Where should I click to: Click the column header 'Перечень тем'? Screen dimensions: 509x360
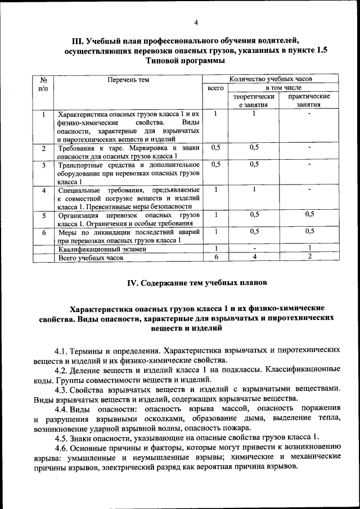pos(128,80)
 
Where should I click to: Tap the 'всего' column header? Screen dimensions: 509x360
pos(216,88)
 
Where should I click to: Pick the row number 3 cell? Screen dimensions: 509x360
pos(44,165)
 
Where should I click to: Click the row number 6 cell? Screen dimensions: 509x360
pos(44,232)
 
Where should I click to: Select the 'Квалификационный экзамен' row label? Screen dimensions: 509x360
pos(98,249)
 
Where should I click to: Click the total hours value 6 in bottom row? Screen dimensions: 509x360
pos(215,257)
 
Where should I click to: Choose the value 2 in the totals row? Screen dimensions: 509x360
pos(309,257)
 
